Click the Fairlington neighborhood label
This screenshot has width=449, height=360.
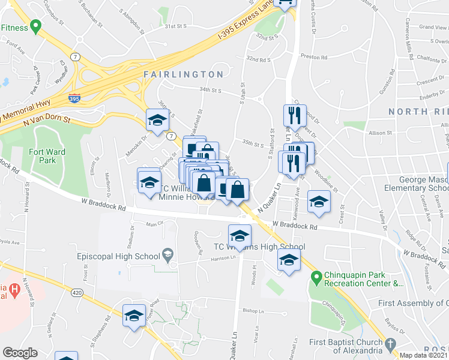184,74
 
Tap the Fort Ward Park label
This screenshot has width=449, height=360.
47,156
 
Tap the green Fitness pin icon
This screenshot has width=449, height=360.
35,27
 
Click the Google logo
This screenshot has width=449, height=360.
20,353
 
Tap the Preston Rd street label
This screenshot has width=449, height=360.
314,58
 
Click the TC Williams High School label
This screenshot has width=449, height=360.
260,247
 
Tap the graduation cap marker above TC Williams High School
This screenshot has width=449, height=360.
240,234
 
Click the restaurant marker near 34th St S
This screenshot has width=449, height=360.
292,115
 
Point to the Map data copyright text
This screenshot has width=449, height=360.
423,355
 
